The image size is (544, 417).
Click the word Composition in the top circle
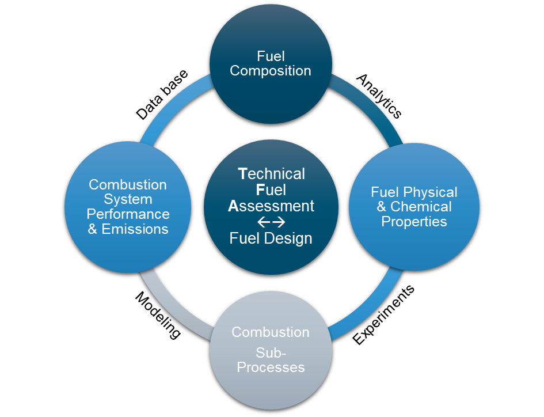click(x=271, y=71)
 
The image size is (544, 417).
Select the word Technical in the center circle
click(x=272, y=174)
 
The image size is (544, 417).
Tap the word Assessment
click(x=271, y=206)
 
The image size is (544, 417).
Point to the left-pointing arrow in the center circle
click(x=264, y=222)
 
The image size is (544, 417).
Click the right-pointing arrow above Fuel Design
click(x=279, y=222)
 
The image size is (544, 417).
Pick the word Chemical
click(x=421, y=207)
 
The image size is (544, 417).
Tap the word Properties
click(x=414, y=221)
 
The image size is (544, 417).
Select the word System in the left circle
click(x=128, y=200)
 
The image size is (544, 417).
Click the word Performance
click(x=128, y=214)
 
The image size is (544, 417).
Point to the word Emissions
click(x=135, y=229)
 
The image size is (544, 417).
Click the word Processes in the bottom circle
click(x=271, y=367)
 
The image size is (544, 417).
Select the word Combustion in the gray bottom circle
click(x=271, y=332)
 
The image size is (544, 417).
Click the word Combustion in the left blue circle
click(x=128, y=185)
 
